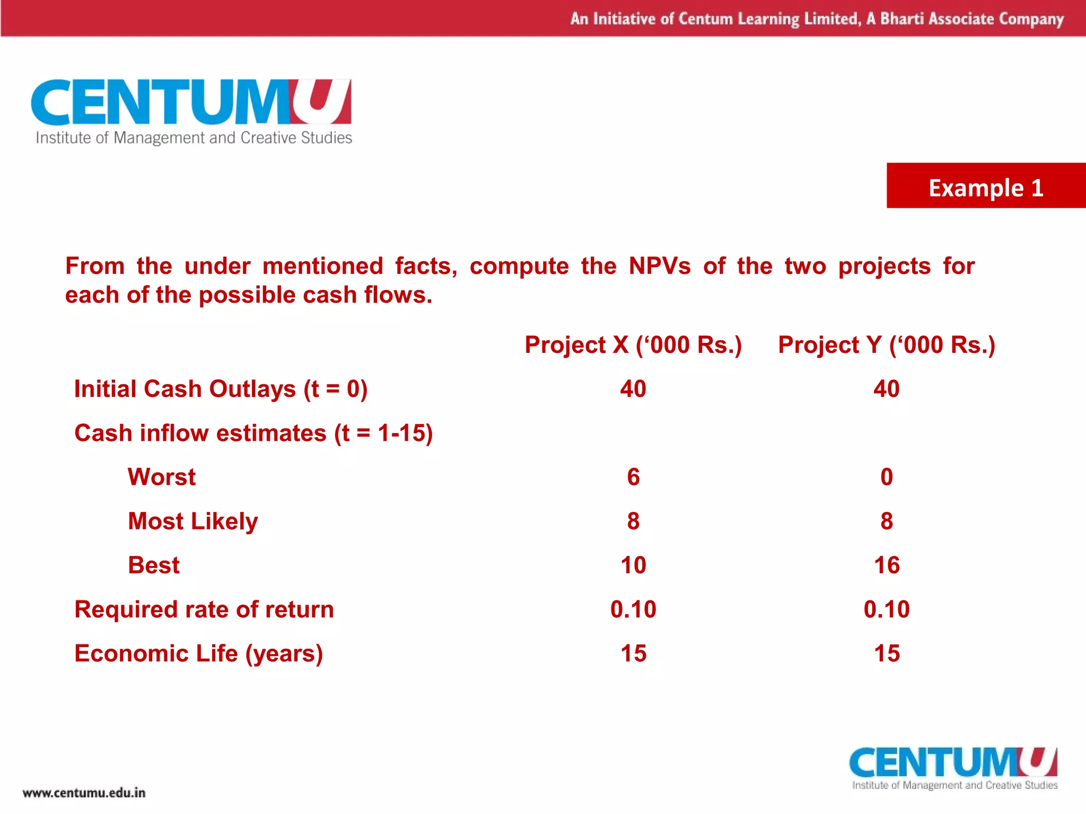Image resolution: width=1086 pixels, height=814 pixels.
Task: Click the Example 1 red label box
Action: [986, 186]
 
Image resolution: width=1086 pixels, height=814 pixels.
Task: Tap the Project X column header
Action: [633, 345]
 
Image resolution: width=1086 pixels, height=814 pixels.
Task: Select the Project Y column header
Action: [886, 345]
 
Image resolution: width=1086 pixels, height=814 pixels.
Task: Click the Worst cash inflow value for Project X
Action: [633, 477]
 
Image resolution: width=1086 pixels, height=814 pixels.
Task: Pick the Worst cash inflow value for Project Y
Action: [887, 477]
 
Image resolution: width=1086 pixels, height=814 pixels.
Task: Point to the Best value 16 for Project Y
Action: [887, 565]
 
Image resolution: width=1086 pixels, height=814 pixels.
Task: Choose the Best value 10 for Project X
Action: [633, 565]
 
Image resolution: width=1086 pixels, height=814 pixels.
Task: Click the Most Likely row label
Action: [193, 521]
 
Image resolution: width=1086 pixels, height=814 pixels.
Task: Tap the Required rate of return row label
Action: [204, 609]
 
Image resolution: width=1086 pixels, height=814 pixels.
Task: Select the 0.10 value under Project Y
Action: [887, 609]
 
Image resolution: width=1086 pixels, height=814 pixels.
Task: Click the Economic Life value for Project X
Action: [633, 653]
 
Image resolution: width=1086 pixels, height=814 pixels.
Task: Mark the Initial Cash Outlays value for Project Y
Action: [887, 389]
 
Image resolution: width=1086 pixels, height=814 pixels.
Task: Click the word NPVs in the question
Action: [660, 266]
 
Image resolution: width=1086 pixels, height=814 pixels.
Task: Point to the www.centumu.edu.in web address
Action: [84, 793]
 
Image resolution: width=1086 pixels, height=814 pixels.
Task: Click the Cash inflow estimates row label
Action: [253, 433]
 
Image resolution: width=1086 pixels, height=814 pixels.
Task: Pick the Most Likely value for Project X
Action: [633, 521]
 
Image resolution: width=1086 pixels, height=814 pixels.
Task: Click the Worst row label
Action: [162, 477]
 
